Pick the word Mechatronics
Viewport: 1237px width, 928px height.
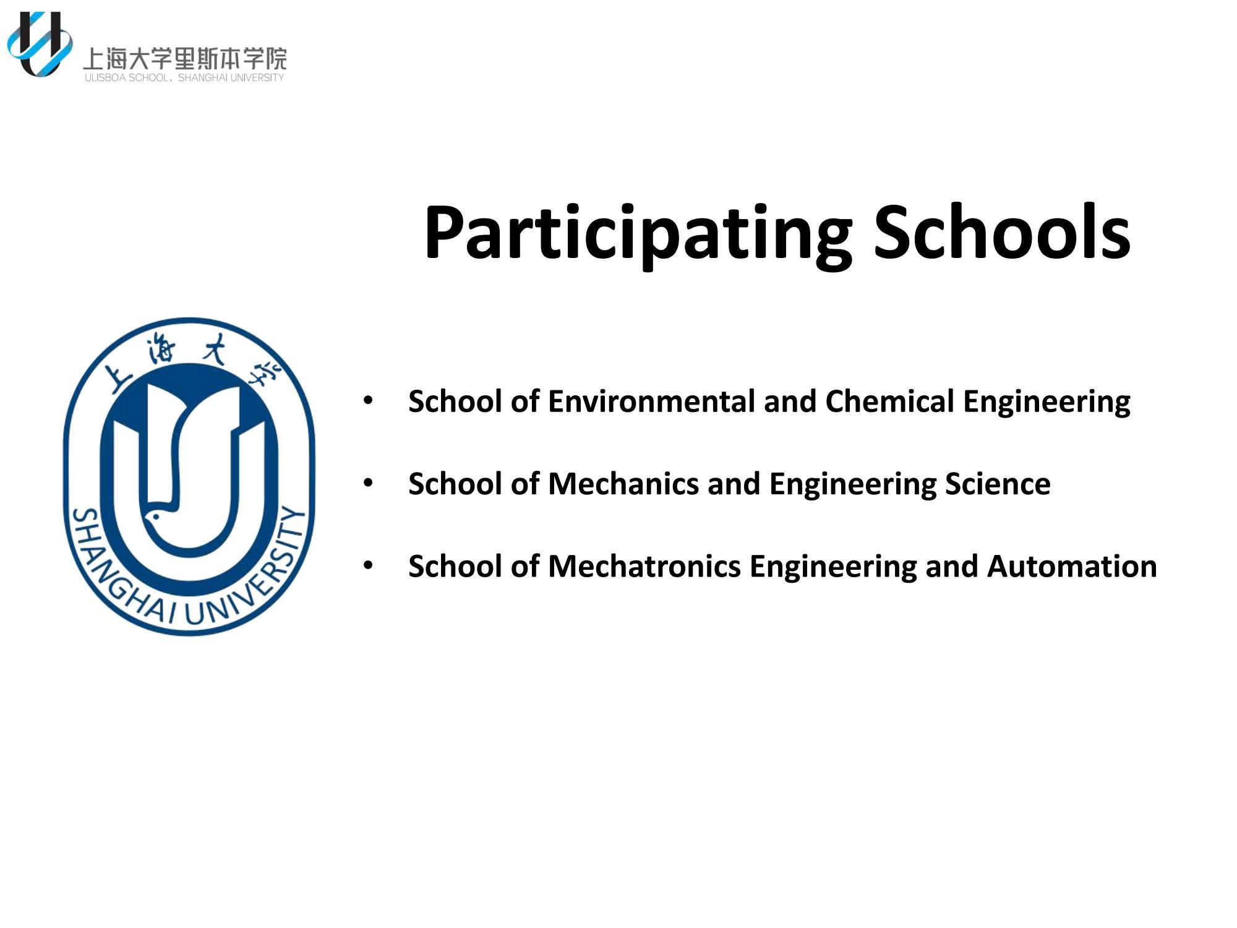[644, 566]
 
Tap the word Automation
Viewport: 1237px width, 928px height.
[1072, 566]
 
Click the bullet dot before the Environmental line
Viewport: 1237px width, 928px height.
[368, 401]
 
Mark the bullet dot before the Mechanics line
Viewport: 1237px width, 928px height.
[368, 483]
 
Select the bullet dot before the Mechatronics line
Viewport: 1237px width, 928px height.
[368, 566]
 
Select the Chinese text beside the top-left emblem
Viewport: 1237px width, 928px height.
[185, 59]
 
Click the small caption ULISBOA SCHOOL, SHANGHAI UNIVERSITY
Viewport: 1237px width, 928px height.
[184, 77]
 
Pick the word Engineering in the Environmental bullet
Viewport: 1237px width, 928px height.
[1047, 402]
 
